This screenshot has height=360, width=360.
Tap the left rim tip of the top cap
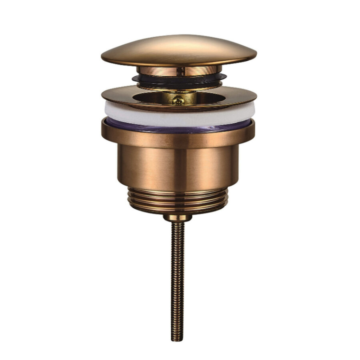(x=103, y=58)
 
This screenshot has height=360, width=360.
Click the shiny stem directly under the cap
(x=179, y=71)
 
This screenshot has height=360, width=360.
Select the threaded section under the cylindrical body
(x=178, y=200)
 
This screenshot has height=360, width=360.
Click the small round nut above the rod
(x=178, y=218)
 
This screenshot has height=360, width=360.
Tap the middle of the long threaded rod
(x=178, y=280)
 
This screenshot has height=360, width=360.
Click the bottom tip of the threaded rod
(x=178, y=340)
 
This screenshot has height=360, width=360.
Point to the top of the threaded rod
(x=178, y=224)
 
